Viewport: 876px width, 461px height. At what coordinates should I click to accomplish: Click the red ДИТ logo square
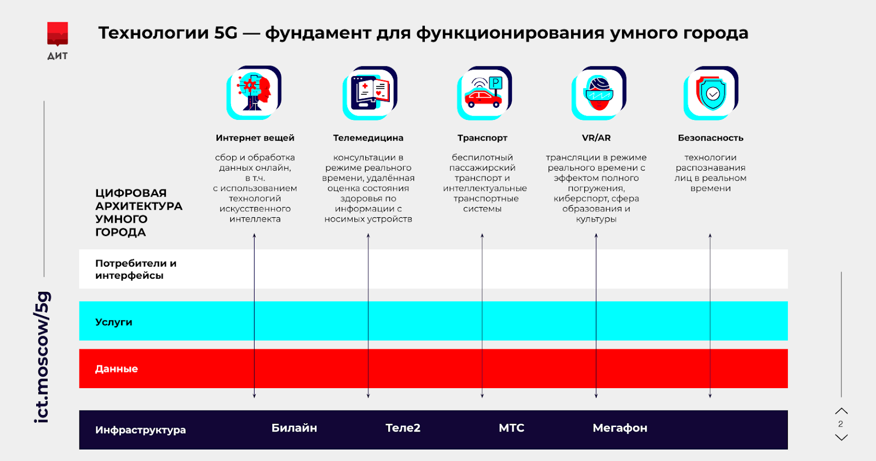pos(57,33)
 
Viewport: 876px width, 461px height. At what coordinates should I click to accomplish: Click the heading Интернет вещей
pos(255,138)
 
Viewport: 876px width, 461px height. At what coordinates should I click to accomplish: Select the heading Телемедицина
pos(368,138)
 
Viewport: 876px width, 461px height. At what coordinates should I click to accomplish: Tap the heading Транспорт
pos(482,138)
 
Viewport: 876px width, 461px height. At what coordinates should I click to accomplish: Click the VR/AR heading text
pos(596,138)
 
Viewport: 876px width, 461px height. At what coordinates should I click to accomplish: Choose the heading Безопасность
pos(710,138)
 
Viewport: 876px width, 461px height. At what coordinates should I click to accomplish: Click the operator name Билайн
pos(294,428)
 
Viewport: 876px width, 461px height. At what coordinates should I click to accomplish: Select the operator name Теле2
pos(403,428)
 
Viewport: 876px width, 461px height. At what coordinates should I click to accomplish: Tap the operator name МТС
pos(511,428)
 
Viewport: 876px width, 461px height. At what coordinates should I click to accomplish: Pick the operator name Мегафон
pos(620,428)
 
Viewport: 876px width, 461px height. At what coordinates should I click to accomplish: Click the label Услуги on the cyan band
pos(114,322)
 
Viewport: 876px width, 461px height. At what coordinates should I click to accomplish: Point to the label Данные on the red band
pos(117,369)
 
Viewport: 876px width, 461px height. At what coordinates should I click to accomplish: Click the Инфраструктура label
pos(140,430)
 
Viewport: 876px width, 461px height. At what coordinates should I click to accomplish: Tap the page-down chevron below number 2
pos(842,437)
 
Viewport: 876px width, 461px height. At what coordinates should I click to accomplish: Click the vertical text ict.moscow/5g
pos(42,356)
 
